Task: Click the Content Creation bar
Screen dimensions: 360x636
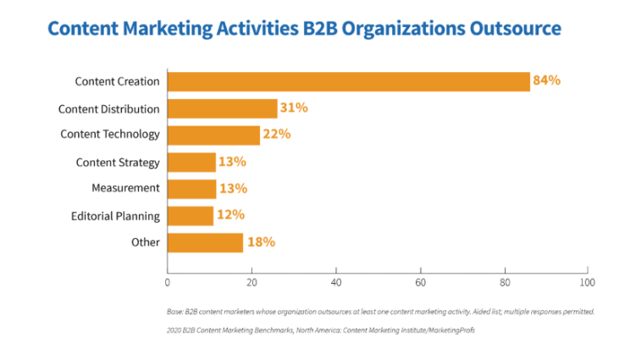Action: tap(348, 81)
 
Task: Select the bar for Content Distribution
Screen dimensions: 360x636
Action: tap(222, 108)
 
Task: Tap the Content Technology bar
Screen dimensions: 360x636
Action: tap(213, 135)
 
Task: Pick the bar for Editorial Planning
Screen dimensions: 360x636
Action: tap(191, 216)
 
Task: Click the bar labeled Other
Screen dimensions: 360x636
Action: tap(205, 242)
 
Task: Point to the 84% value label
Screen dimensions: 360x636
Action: tap(547, 81)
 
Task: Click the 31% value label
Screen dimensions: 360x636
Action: tap(294, 108)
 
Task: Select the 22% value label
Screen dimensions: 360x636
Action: tap(277, 135)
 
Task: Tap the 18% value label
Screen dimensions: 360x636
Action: tap(261, 242)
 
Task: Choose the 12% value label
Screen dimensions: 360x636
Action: tap(230, 216)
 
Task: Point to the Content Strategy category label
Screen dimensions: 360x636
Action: tap(118, 162)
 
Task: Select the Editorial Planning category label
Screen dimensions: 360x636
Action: tap(116, 216)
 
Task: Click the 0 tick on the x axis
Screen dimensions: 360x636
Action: tap(168, 281)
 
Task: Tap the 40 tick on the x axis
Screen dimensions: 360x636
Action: tap(336, 281)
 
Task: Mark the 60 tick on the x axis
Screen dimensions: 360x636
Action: tap(420, 281)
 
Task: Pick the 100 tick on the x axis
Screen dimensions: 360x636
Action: tap(587, 281)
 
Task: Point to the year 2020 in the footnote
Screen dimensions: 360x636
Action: tap(176, 331)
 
